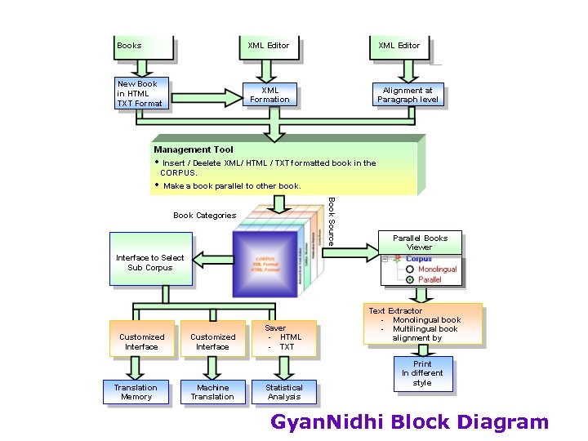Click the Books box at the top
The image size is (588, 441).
[x=144, y=46]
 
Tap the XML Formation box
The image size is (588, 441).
[x=269, y=95]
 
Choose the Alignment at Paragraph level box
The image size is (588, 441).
[x=408, y=95]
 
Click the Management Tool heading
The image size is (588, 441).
[x=194, y=149]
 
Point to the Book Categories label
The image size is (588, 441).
[x=204, y=216]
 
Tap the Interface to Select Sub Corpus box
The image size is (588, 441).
[x=150, y=263]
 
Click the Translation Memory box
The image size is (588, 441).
[x=136, y=392]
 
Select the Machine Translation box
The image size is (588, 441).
[x=212, y=392]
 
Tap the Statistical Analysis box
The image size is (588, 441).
[x=284, y=392]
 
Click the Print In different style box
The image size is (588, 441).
[x=422, y=373]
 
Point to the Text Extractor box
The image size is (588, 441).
[x=421, y=324]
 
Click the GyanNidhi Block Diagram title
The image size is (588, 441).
[x=409, y=422]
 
